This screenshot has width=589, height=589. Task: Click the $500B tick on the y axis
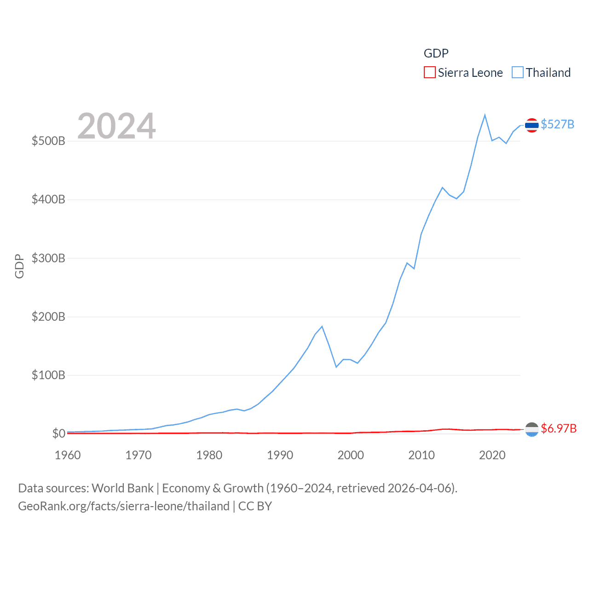48,141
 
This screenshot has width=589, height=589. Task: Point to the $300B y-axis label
48,258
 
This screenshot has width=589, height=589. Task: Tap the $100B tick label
48,375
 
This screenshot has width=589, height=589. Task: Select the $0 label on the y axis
58,433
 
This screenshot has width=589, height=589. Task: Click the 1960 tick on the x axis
68,455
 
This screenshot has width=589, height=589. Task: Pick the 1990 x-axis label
280,455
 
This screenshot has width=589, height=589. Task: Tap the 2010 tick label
422,455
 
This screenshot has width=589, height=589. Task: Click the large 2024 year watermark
116,126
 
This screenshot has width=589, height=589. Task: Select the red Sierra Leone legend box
429,73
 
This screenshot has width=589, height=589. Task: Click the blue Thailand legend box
518,73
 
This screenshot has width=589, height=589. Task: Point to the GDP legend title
436,53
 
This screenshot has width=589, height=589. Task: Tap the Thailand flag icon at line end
531,125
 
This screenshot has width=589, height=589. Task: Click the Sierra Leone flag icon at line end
531,429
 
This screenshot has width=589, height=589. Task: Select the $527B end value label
557,125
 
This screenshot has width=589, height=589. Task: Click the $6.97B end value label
559,428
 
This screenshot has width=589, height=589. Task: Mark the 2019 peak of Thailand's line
485,115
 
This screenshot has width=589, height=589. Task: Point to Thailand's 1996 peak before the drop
322,327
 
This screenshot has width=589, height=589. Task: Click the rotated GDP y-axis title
19,266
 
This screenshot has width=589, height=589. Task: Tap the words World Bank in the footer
122,488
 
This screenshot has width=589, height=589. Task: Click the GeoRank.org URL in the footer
123,506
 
